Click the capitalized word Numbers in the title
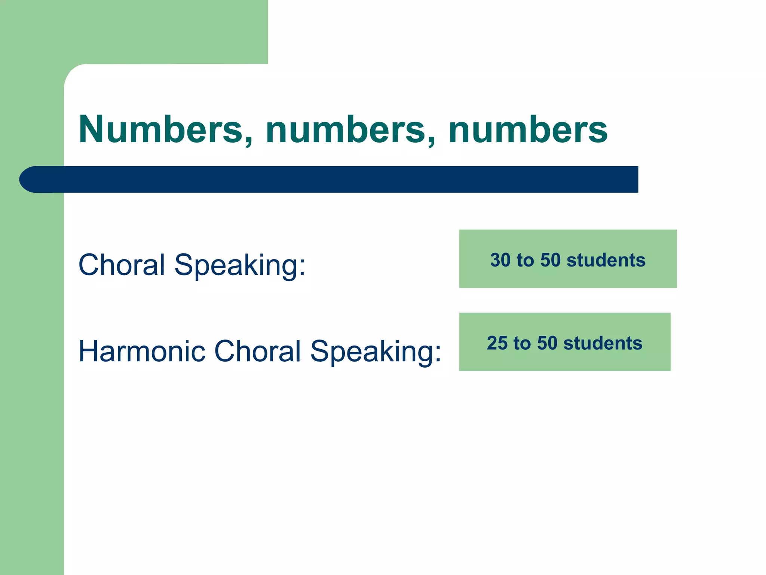coord(161,129)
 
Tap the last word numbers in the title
coord(528,129)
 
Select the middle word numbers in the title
coord(346,129)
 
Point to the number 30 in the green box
coord(500,260)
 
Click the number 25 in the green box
coord(497,343)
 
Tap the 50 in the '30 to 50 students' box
coord(551,260)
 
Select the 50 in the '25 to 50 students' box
coord(547,343)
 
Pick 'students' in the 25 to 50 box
coord(603,343)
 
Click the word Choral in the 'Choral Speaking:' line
coord(122,265)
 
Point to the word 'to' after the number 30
coord(525,260)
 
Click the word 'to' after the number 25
coord(522,343)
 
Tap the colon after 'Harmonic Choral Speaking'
coord(438,354)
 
